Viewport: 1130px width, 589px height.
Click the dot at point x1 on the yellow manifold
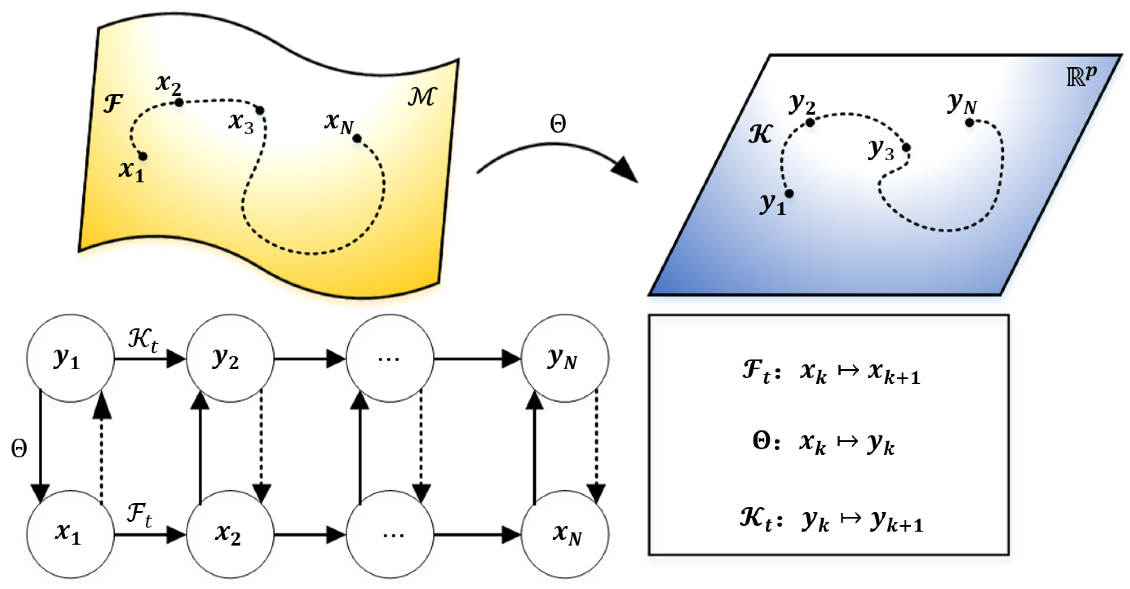coord(143,156)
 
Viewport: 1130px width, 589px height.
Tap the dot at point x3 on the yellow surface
coord(260,110)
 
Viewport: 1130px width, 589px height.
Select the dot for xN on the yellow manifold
coord(357,139)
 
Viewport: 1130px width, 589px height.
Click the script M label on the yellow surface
coord(422,96)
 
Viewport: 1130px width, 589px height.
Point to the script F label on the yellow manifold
coord(113,104)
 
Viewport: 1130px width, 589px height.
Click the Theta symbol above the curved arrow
coord(558,124)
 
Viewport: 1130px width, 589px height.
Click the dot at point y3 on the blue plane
coord(906,148)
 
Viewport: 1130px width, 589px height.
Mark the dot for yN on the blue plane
coord(969,123)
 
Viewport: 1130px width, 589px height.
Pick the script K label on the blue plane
coord(760,134)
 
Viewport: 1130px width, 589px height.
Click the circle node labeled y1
coord(70,358)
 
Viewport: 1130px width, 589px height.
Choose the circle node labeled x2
coord(230,534)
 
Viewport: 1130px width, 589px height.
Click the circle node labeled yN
coord(564,358)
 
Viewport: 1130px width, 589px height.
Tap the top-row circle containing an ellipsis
coord(390,358)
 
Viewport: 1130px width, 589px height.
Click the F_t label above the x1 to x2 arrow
coord(139,514)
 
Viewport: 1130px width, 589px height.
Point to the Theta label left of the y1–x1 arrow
coord(19,448)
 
